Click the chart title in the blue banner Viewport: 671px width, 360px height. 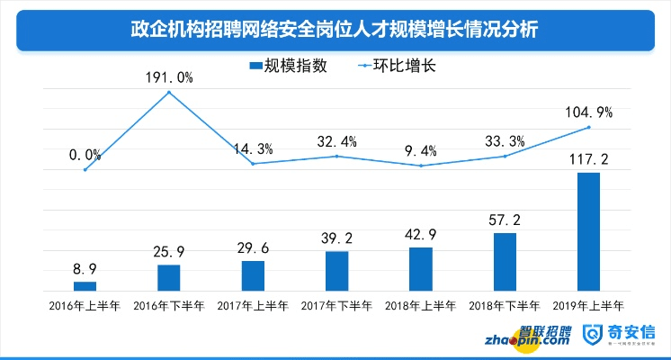pyautogui.click(x=335, y=30)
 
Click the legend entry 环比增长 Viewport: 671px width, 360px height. pyautogui.click(x=397, y=66)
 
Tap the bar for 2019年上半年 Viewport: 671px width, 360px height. pyautogui.click(x=588, y=231)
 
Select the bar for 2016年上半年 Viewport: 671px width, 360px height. pyautogui.click(x=85, y=285)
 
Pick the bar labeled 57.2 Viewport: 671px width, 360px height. pyautogui.click(x=505, y=261)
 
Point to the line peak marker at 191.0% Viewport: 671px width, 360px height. pyautogui.click(x=168, y=92)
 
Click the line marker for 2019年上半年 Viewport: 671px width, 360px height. pyautogui.click(x=588, y=127)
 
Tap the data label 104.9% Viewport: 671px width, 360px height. pyautogui.click(x=588, y=112)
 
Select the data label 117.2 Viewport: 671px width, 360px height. pyautogui.click(x=588, y=159)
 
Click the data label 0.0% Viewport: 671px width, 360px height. pyautogui.click(x=85, y=155)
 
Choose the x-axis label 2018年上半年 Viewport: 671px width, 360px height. pyautogui.click(x=420, y=306)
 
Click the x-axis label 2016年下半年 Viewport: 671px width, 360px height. pyautogui.click(x=168, y=306)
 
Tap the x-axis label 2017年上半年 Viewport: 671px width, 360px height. pyautogui.click(x=253, y=306)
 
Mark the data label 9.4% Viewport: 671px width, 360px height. pyautogui.click(x=420, y=150)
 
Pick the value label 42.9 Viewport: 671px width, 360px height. pyautogui.click(x=420, y=234)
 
